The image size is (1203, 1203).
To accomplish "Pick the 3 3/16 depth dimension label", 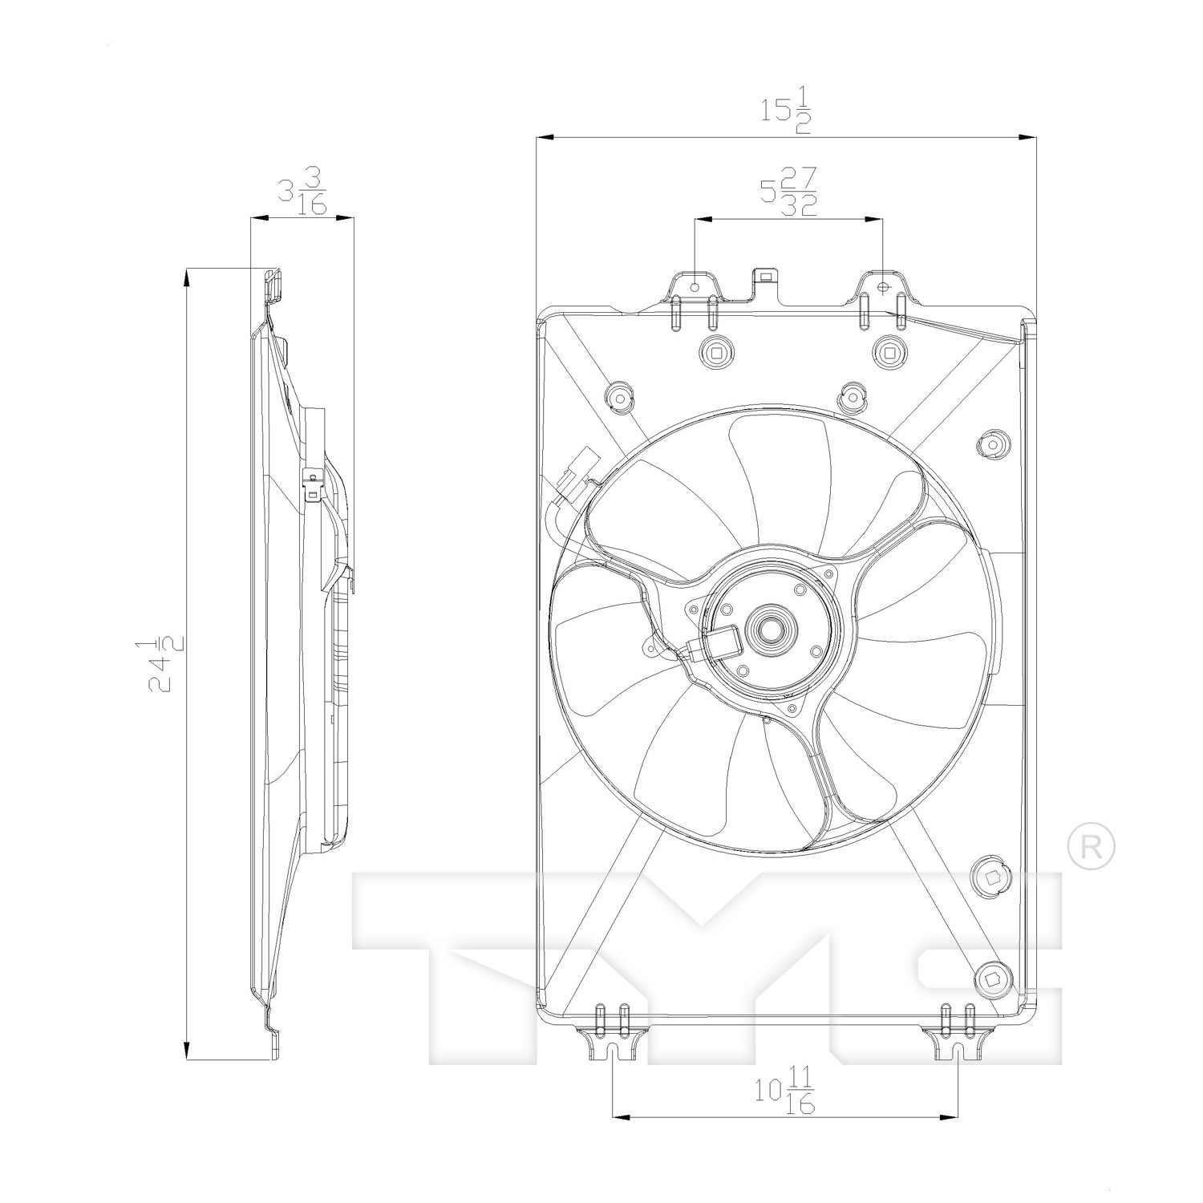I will tap(302, 191).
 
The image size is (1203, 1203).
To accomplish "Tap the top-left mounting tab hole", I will tap(695, 286).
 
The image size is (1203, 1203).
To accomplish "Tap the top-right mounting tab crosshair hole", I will tap(883, 286).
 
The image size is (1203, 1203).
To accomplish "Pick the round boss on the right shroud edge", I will tap(993, 444).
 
